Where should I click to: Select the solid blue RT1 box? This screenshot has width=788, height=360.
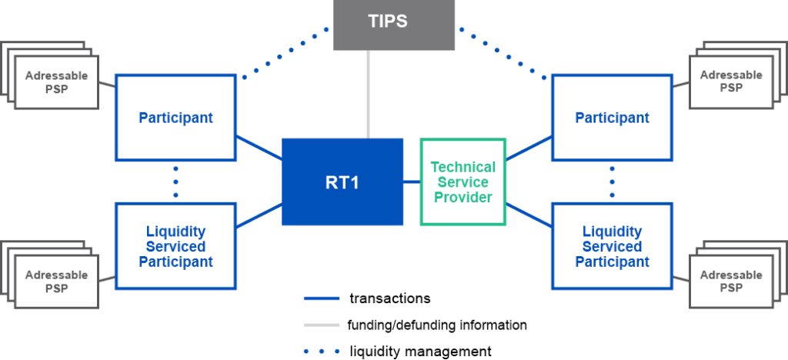pyautogui.click(x=342, y=182)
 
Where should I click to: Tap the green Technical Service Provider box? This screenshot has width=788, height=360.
pyautogui.click(x=462, y=182)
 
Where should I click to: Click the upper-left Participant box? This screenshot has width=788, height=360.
pyautogui.click(x=175, y=117)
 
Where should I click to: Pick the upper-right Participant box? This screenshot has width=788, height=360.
pyautogui.click(x=612, y=117)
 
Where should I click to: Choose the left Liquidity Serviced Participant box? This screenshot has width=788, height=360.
pyautogui.click(x=175, y=246)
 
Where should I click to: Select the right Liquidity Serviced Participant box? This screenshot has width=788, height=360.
pyautogui.click(x=612, y=246)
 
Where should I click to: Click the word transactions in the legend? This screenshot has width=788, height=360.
pyautogui.click(x=389, y=298)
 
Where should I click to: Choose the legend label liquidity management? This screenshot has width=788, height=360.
pyautogui.click(x=419, y=351)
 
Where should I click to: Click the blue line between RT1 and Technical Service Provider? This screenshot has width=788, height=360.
pyautogui.click(x=412, y=182)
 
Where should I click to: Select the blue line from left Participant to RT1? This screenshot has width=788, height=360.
pyautogui.click(x=259, y=148)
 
